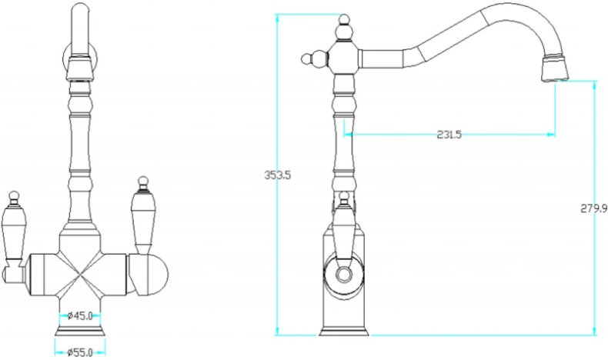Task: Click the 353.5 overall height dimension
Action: [x=277, y=175]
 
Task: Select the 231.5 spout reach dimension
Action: [x=449, y=135]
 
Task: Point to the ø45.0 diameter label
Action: [x=80, y=316]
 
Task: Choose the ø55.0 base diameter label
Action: [x=80, y=352]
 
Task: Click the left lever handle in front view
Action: [x=13, y=232]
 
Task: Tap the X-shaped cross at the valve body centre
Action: [x=80, y=275]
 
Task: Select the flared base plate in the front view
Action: [x=80, y=331]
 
